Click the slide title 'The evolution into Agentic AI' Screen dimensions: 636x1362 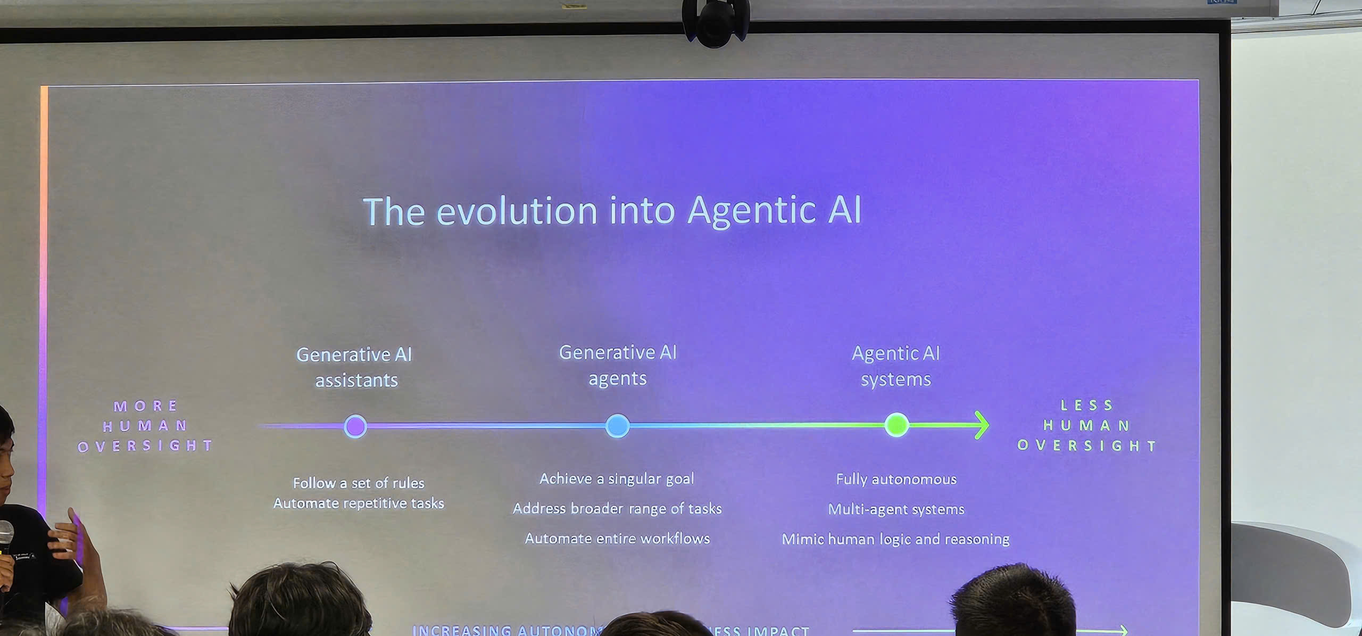(612, 211)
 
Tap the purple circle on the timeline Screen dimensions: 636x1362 (355, 426)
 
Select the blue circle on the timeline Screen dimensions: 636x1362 (617, 426)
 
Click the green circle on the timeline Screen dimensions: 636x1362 (896, 425)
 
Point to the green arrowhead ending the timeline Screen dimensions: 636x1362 (982, 425)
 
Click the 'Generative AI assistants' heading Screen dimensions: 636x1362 (354, 367)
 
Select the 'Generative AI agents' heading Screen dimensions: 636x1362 (618, 365)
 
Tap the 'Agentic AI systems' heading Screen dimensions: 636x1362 (896, 366)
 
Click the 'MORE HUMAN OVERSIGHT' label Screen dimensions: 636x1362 (145, 426)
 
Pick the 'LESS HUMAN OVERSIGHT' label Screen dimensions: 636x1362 (1087, 425)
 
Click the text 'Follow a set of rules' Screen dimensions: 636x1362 (359, 483)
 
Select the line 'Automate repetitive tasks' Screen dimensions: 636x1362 (359, 503)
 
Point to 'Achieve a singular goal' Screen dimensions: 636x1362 (617, 478)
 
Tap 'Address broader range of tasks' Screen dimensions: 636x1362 (617, 508)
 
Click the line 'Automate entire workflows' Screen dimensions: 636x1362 (617, 539)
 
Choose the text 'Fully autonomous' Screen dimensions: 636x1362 (896, 479)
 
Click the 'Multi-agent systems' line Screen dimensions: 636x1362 (896, 509)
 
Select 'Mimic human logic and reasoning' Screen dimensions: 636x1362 (895, 539)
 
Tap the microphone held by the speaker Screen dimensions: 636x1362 (5, 538)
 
